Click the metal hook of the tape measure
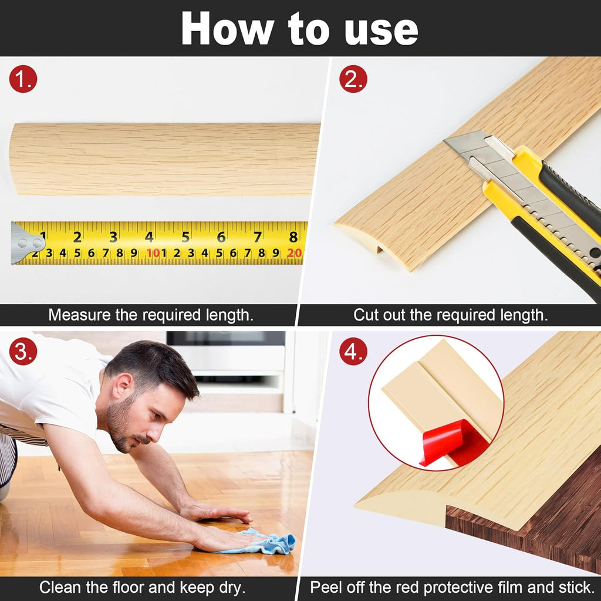click(x=26, y=242)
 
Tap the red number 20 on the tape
click(x=295, y=254)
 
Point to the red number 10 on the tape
click(x=153, y=254)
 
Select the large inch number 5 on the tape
click(x=185, y=237)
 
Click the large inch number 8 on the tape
click(x=293, y=237)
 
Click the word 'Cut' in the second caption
click(x=366, y=315)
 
